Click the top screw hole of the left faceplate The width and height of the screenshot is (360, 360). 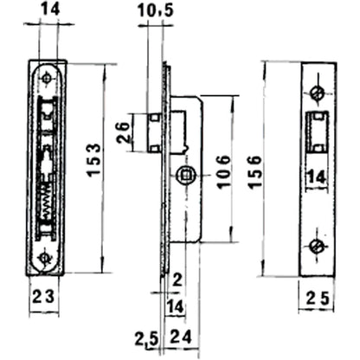[x=47, y=78]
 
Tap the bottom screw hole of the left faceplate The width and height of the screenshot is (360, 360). [x=47, y=257]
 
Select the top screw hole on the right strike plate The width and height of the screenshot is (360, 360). [x=318, y=92]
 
